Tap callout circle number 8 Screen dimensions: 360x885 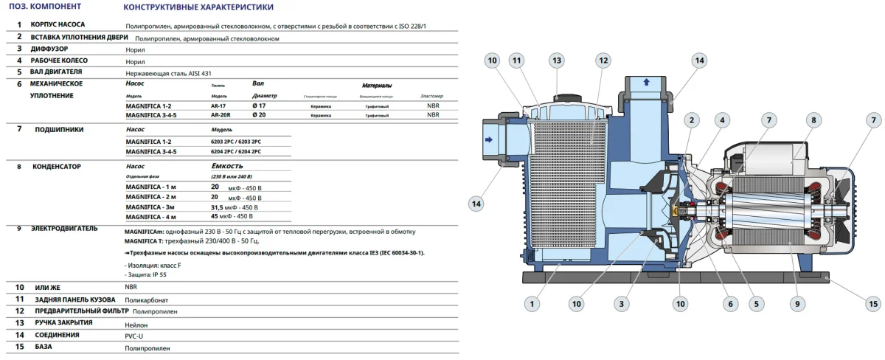pos(813,120)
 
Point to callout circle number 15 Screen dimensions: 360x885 pos(873,302)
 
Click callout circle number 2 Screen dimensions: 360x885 pos(691,120)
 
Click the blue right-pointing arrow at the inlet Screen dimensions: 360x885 pos(488,139)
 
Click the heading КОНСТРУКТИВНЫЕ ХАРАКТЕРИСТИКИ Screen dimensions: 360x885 pos(198,7)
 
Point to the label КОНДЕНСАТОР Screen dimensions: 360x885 pos(56,167)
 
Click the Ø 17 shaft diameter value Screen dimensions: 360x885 pos(259,106)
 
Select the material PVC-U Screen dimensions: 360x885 pos(136,336)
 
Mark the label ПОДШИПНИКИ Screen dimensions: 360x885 pos(59,129)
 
